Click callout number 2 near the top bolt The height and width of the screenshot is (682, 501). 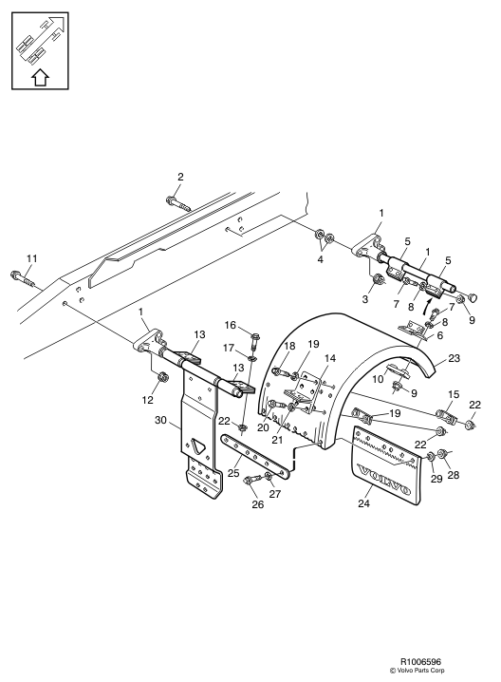point(179,177)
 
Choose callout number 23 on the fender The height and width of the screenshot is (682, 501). point(454,358)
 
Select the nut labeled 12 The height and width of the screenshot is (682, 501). point(162,377)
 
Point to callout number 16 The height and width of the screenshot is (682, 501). point(230,325)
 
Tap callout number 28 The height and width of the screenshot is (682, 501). point(452,475)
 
